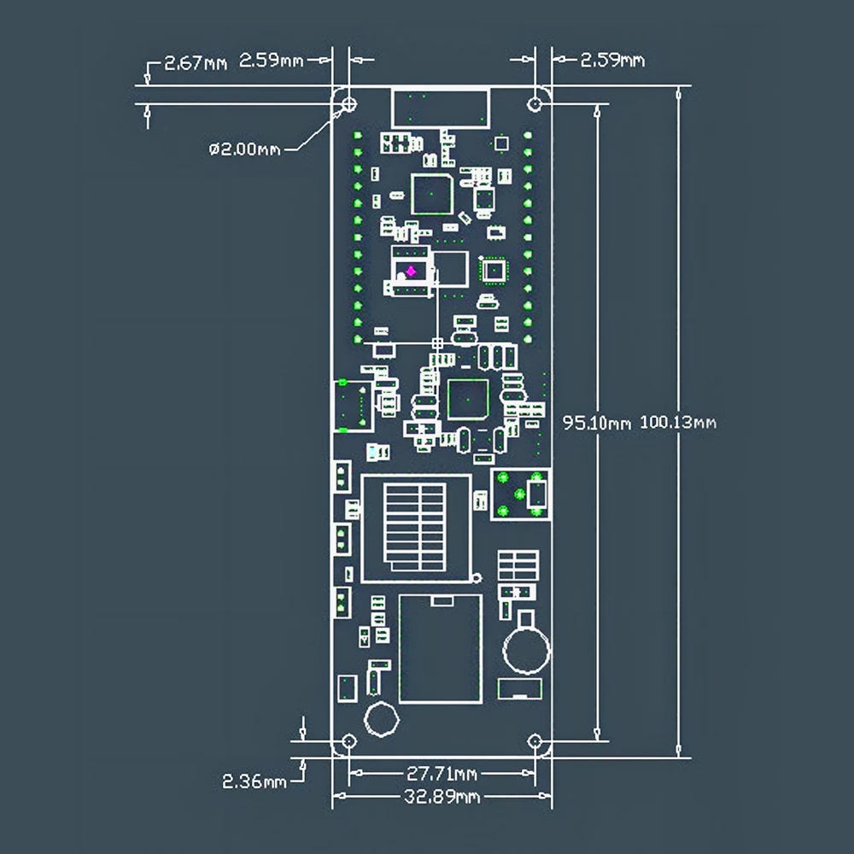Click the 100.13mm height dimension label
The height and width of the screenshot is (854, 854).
677,422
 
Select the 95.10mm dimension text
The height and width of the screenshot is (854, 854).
596,423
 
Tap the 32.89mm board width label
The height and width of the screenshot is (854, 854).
442,797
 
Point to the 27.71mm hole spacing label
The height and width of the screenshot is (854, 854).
442,774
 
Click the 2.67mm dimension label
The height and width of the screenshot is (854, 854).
195,63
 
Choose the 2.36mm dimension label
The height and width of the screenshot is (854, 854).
254,781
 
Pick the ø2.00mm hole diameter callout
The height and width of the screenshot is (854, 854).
244,149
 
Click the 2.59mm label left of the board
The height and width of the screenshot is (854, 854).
272,60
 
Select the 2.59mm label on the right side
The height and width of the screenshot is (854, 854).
612,60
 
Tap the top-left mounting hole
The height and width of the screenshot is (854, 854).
349,103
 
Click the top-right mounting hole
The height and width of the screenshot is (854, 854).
535,103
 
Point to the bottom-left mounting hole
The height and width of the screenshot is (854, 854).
349,741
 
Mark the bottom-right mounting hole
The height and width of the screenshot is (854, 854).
535,741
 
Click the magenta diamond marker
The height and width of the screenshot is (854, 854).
412,272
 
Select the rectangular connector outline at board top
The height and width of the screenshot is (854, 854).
441,108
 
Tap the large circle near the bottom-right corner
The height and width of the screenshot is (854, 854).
526,649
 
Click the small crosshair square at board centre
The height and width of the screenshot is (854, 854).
437,343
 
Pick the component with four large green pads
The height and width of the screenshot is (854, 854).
520,494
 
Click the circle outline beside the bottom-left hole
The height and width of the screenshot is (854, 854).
381,719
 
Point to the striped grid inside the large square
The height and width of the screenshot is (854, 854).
415,527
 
